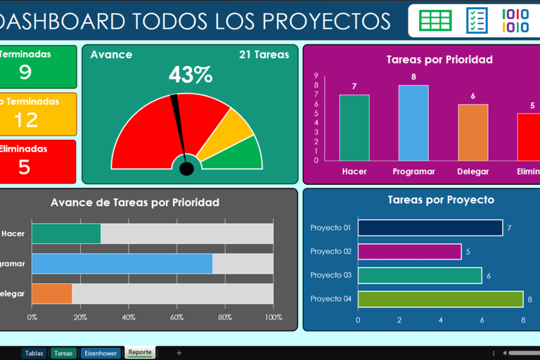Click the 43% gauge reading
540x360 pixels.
point(190,75)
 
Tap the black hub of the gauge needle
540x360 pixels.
point(186,169)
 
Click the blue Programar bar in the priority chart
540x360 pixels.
point(413,122)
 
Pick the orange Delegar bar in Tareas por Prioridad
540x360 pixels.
point(472,132)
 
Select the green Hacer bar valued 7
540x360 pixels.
point(354,127)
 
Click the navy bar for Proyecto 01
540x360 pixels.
point(430,228)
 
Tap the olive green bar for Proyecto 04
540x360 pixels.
point(440,299)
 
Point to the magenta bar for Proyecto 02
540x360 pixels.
point(409,252)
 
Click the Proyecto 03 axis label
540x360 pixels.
point(330,276)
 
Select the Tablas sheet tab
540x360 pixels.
point(34,353)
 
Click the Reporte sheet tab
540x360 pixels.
point(140,352)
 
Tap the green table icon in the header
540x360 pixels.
point(435,20)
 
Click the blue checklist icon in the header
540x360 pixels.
point(477,20)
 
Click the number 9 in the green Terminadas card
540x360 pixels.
point(25,72)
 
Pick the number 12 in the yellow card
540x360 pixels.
point(25,119)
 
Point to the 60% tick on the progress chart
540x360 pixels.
point(176,317)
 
